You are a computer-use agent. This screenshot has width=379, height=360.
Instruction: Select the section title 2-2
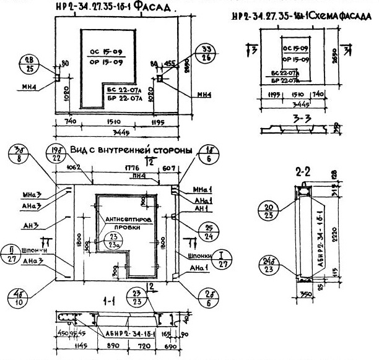click(x=305, y=173)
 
